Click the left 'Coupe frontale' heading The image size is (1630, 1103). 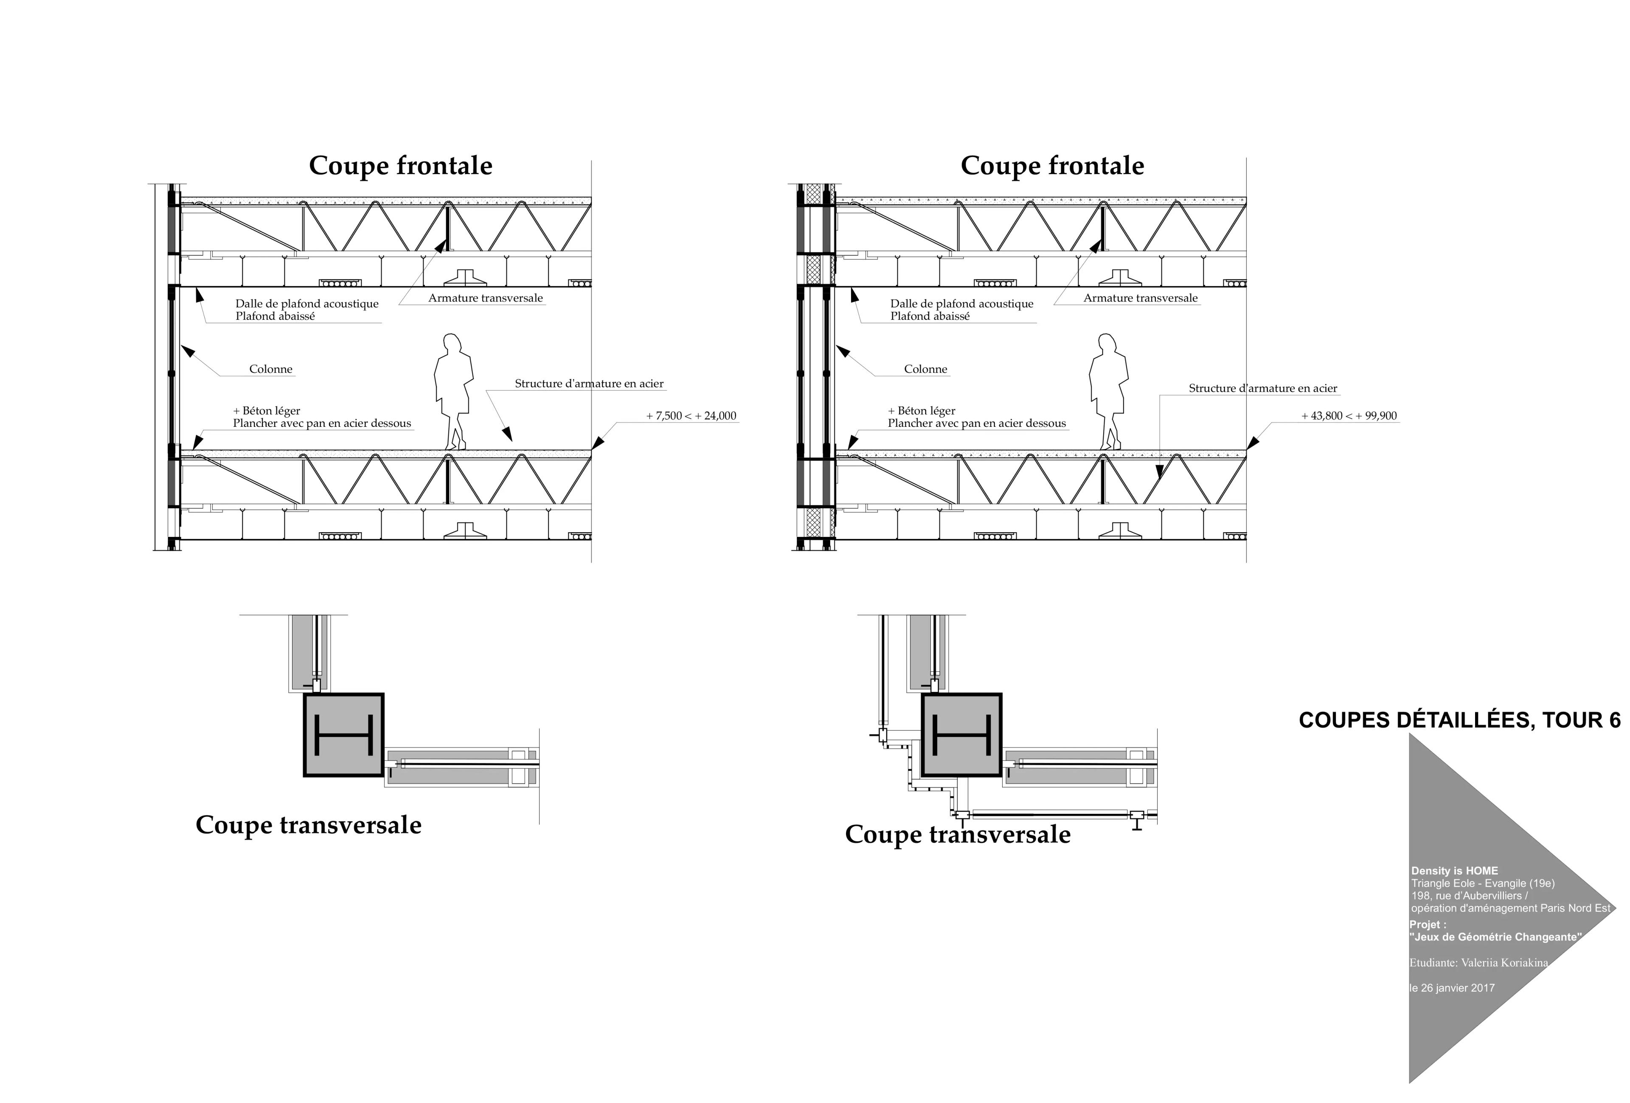[x=400, y=166]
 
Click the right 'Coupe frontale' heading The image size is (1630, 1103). [x=1052, y=166]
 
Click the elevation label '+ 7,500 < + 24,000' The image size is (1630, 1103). [x=691, y=416]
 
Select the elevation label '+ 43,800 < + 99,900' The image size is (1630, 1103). [x=1349, y=416]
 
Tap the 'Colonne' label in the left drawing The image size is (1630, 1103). [x=271, y=369]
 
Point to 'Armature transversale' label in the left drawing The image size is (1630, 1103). [x=485, y=298]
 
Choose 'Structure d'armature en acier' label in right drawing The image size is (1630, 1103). [x=1262, y=388]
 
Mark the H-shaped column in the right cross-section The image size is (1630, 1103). [x=961, y=735]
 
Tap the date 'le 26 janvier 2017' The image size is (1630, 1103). [x=1452, y=988]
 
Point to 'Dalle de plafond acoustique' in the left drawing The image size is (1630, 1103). [x=306, y=304]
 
